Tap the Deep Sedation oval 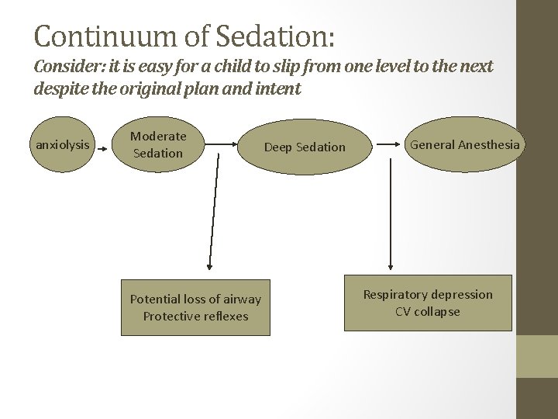click(x=305, y=147)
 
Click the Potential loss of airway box click(x=195, y=307)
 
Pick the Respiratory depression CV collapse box click(x=428, y=303)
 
